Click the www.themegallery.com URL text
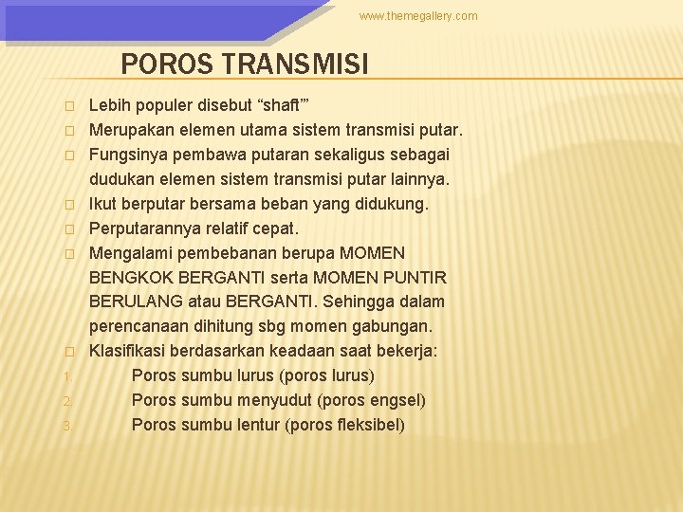pyautogui.click(x=418, y=16)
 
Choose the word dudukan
pyautogui.click(x=121, y=178)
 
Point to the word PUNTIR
pyautogui.click(x=415, y=277)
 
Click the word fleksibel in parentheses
pyautogui.click(x=368, y=425)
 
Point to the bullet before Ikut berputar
pyautogui.click(x=68, y=204)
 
